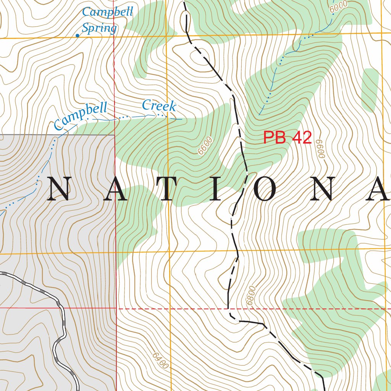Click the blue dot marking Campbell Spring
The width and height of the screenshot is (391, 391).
pyautogui.click(x=78, y=36)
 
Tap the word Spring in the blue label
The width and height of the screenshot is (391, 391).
pyautogui.click(x=99, y=28)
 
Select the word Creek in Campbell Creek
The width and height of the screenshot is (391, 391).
pyautogui.click(x=159, y=106)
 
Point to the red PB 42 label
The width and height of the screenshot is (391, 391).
pyautogui.click(x=288, y=138)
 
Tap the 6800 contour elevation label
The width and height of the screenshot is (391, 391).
pyautogui.click(x=250, y=295)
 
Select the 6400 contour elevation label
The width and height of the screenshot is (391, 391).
pyautogui.click(x=160, y=360)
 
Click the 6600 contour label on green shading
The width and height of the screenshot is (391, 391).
pyautogui.click(x=205, y=146)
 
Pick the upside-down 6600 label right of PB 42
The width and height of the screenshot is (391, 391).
pyautogui.click(x=320, y=149)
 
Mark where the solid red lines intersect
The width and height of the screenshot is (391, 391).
pyautogui.click(x=116, y=308)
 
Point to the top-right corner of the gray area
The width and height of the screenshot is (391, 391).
pyautogui.click(x=115, y=135)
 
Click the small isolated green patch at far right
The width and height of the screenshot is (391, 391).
pyautogui.click(x=369, y=90)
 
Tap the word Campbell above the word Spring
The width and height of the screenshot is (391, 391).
pyautogui.click(x=107, y=12)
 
